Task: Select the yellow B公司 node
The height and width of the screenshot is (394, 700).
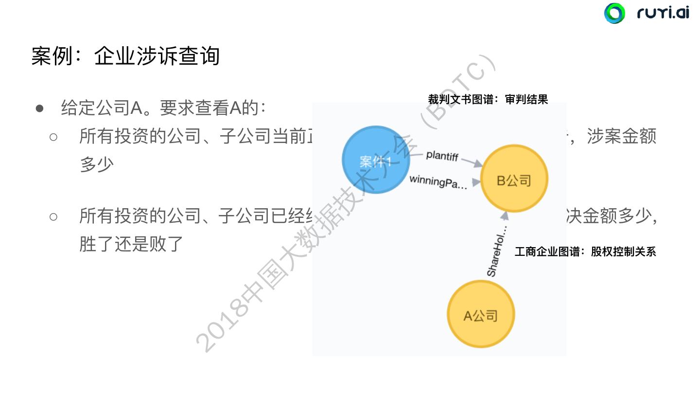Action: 514,181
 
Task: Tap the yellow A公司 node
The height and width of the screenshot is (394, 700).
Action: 480,316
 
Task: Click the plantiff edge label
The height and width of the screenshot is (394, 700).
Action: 442,155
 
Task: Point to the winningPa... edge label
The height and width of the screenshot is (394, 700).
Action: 437,181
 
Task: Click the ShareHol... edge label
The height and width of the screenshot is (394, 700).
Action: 497,251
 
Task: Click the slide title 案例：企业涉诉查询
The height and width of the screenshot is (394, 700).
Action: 125,56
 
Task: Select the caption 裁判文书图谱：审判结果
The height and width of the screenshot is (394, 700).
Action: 488,99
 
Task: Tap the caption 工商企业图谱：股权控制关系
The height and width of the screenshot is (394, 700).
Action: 585,251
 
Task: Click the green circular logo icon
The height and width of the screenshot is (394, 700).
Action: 614,13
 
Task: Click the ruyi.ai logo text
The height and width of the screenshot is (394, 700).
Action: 663,13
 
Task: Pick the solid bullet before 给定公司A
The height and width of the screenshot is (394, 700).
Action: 40,108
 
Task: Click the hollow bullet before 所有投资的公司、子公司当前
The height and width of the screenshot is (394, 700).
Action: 53,137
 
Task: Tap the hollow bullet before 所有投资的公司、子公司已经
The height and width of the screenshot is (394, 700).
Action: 53,216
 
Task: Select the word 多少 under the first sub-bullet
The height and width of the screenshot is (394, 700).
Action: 96,164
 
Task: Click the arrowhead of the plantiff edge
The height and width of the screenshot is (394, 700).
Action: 477,164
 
